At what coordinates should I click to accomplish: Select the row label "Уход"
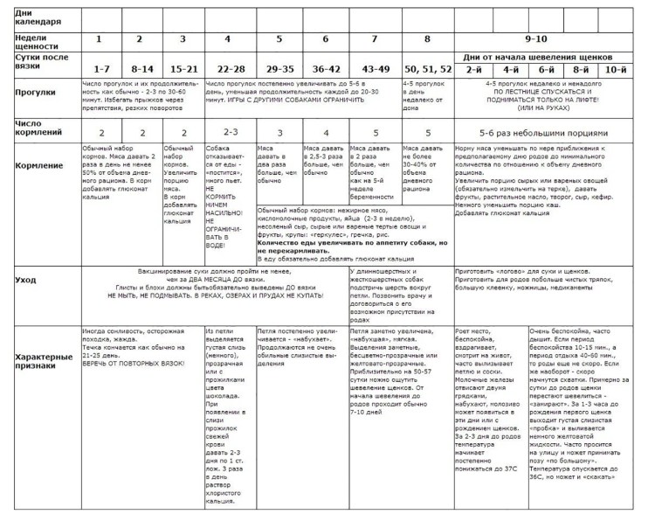pos(27,280)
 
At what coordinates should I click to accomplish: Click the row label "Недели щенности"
pos(36,41)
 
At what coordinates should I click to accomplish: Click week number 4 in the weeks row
pos(228,40)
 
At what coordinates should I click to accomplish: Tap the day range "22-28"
pos(228,68)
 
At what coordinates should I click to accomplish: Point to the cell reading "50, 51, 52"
pos(428,68)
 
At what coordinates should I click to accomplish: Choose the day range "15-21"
pos(183,68)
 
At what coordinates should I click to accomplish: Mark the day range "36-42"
pos(325,68)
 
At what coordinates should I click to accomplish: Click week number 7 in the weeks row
pos(376,40)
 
